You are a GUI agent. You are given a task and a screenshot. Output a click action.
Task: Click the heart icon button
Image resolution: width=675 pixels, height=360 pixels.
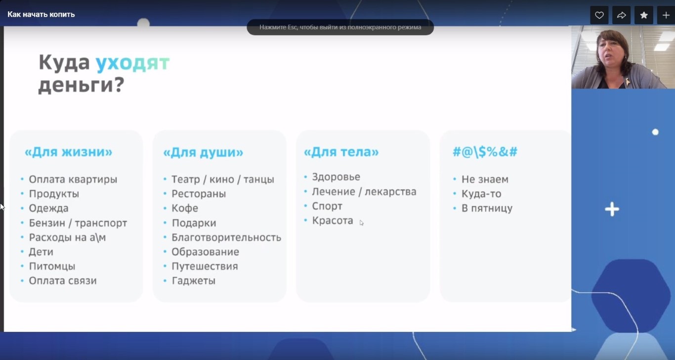(599, 15)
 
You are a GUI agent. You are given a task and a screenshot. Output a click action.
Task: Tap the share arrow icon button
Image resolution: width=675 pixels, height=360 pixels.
(621, 15)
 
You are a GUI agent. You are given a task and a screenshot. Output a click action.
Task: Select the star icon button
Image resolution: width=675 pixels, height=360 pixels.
(644, 15)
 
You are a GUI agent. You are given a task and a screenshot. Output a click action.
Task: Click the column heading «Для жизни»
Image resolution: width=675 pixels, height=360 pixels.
(68, 152)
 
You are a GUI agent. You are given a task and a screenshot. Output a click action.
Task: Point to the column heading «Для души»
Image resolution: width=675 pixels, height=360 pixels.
(203, 152)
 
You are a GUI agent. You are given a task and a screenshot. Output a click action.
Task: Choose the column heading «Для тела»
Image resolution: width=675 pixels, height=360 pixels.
(341, 152)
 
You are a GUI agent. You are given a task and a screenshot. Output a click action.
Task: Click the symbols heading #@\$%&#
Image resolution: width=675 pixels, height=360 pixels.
(485, 152)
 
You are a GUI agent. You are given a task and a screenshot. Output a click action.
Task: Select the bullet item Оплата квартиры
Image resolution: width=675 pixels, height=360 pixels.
(73, 180)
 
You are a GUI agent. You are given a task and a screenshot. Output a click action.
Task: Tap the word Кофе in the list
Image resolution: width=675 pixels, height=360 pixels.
(185, 208)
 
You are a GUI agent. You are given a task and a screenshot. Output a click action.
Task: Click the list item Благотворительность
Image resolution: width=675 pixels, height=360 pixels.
(226, 237)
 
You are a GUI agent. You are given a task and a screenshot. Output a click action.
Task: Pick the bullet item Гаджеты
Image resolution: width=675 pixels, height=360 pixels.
(194, 281)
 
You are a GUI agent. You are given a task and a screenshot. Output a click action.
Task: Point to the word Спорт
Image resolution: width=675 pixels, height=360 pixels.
(327, 206)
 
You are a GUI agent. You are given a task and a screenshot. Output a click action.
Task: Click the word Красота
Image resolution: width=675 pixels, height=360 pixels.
(333, 221)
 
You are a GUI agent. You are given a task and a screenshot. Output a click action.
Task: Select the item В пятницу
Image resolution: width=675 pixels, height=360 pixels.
(487, 208)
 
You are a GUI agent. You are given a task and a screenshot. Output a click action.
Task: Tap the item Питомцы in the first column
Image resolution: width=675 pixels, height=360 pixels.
(52, 267)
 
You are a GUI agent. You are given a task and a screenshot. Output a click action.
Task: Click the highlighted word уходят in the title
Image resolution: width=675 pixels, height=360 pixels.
(132, 63)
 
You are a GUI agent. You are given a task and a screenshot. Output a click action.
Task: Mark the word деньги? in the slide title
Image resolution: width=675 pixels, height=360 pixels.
(82, 85)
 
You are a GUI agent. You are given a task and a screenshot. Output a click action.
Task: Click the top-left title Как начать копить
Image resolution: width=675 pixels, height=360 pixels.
(41, 14)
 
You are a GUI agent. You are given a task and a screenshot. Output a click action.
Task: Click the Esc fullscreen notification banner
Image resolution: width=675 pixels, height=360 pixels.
(340, 27)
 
